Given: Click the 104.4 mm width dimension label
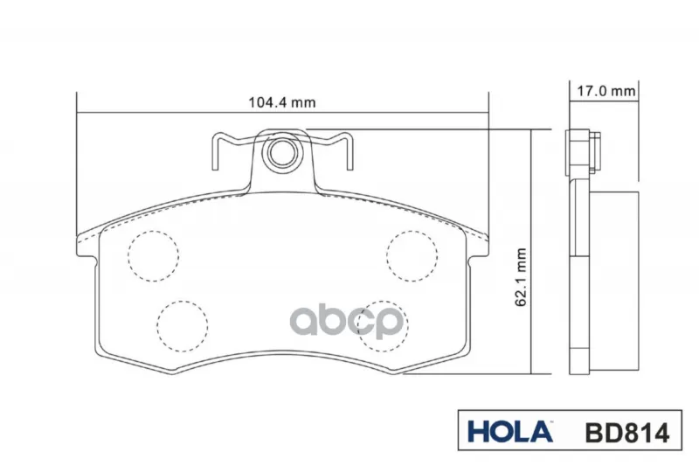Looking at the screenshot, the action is [x=281, y=102].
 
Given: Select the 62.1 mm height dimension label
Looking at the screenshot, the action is [x=521, y=277].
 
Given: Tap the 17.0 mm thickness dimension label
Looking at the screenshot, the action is [x=606, y=91].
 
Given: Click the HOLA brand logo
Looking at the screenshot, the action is [x=510, y=432].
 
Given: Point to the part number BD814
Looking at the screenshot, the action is [x=627, y=433].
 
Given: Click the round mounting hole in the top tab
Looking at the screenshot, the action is [x=282, y=153].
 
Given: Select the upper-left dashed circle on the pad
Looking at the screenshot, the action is [x=154, y=256].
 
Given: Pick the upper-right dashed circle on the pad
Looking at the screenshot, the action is [x=412, y=256].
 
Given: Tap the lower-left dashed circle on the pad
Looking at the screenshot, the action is [x=183, y=326].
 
